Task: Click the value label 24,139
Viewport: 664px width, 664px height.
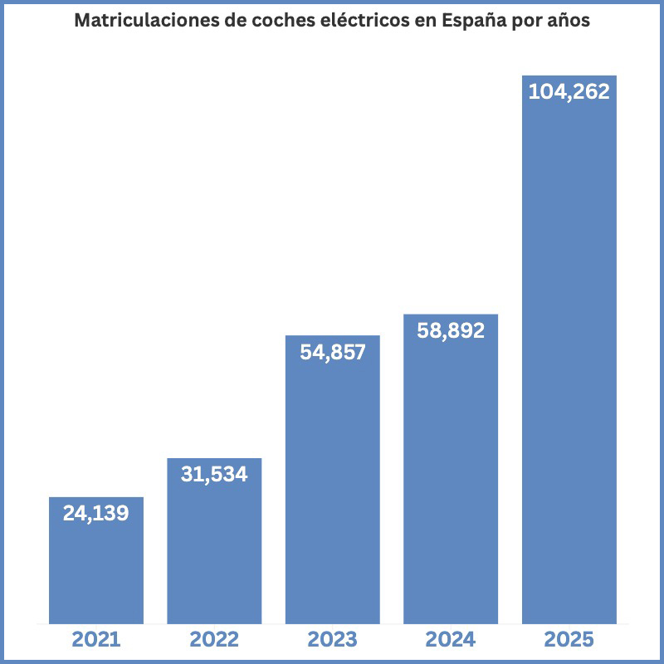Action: [96, 514]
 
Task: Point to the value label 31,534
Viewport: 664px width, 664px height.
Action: [214, 475]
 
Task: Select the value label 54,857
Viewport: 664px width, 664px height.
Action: [332, 352]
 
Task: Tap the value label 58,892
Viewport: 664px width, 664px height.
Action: [451, 330]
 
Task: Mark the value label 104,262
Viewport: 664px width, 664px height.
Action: [569, 91]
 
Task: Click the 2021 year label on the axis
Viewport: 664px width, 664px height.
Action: [96, 640]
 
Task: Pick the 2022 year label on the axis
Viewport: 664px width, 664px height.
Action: [214, 640]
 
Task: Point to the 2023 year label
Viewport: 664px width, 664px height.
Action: [332, 640]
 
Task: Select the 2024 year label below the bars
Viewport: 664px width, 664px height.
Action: [451, 640]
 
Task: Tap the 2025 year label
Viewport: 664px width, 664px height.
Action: [569, 640]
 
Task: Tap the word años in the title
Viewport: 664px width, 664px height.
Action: [565, 22]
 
